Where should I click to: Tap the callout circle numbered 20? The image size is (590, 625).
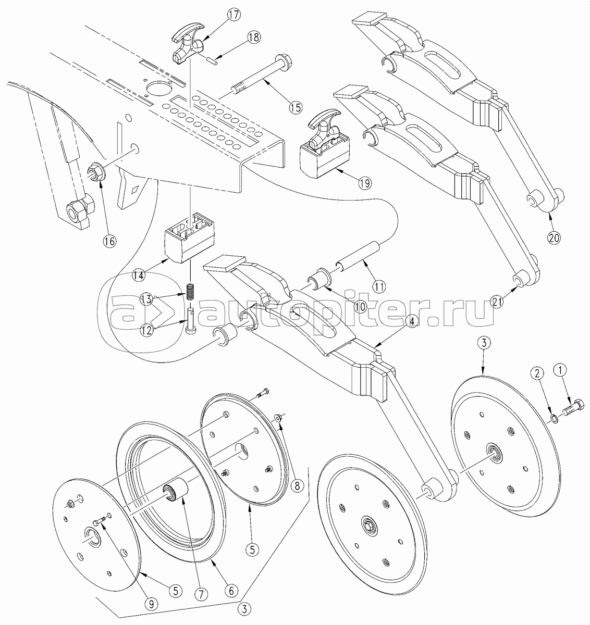point(554,238)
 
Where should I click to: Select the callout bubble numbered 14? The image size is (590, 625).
point(139,276)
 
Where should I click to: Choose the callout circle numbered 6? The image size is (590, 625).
point(231,591)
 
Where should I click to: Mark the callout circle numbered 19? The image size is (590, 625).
point(365,182)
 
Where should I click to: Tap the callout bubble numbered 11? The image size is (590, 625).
point(378,286)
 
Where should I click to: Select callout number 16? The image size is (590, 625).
point(109,241)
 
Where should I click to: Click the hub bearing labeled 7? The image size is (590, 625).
point(176,493)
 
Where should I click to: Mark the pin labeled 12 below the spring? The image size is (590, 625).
point(191,321)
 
